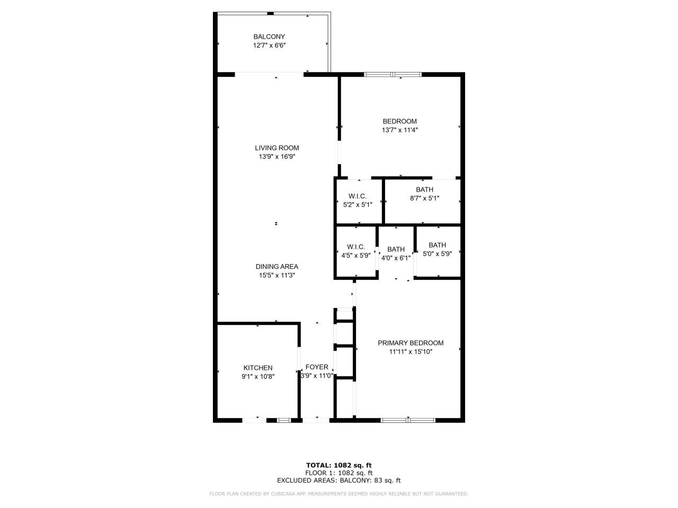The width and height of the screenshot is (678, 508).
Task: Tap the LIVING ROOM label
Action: [x=276, y=148]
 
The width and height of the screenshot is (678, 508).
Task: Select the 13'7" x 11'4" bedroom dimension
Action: [x=399, y=130]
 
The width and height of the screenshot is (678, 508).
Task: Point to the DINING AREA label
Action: [x=276, y=267]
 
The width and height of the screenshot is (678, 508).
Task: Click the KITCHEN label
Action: [x=258, y=368]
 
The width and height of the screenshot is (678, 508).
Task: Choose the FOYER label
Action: [x=317, y=367]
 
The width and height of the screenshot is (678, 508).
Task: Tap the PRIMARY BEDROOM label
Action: [x=411, y=343]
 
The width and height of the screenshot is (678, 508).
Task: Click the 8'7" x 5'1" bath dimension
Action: [x=424, y=198]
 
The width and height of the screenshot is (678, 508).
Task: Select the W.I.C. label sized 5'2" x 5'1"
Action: [x=358, y=196]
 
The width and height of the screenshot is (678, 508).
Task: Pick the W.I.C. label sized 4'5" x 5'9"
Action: [x=355, y=247]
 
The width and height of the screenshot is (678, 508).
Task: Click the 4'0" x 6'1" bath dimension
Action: [x=396, y=258]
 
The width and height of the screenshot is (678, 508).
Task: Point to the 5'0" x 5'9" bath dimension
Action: [x=437, y=254]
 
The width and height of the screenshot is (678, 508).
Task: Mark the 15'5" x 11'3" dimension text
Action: [x=276, y=275]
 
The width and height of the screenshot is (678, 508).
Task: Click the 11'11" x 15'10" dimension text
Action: [x=411, y=351]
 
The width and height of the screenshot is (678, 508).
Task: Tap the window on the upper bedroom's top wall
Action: [x=392, y=75]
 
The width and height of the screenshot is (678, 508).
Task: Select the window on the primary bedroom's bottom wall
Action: [x=408, y=420]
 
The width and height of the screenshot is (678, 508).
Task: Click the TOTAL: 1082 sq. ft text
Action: [x=338, y=465]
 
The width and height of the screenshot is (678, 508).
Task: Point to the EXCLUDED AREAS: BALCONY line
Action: [x=338, y=480]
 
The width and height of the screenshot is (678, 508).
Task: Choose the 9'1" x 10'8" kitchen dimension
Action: [x=258, y=376]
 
